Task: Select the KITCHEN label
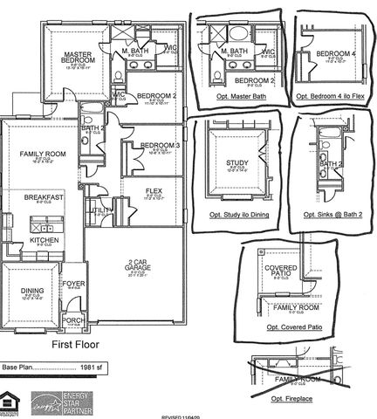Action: [x=44, y=239]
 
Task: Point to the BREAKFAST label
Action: [x=44, y=198]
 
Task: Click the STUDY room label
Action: [x=236, y=163]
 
